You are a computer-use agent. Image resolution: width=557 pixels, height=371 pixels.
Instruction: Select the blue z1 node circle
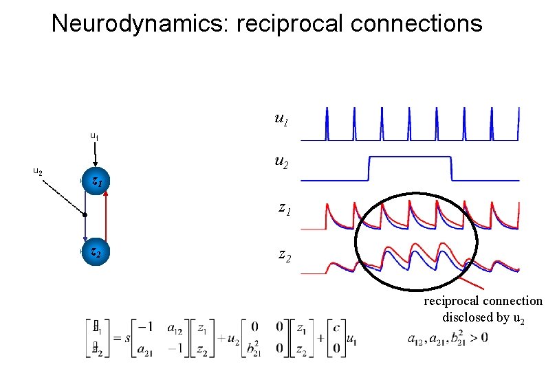[95, 181]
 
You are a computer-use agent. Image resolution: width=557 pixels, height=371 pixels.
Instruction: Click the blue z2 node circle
[95, 253]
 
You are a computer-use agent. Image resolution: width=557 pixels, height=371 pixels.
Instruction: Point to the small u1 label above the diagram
[94, 137]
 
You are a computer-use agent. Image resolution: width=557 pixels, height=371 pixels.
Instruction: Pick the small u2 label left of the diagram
[38, 171]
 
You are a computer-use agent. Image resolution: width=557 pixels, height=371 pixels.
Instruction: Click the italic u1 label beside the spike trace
[280, 120]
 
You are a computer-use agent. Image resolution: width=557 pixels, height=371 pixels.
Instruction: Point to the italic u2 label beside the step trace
[280, 162]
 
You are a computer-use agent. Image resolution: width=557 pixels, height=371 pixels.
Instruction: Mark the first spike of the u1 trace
[328, 124]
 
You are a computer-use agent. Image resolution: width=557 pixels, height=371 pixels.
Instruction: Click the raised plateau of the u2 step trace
[409, 157]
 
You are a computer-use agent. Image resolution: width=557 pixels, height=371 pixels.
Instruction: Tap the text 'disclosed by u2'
[484, 317]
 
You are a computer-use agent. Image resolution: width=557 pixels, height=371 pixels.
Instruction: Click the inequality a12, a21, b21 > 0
[448, 339]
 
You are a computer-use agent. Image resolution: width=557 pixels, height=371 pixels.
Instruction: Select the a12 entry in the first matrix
[175, 328]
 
